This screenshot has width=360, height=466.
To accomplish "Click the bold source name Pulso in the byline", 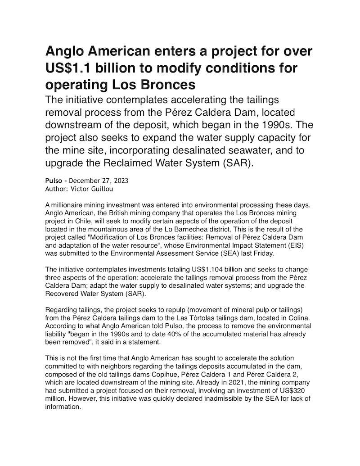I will point(54,181).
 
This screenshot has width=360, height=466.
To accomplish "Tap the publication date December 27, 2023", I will point(99,181).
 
